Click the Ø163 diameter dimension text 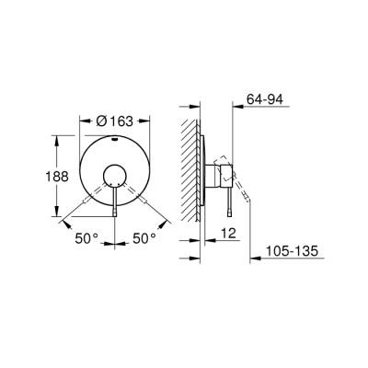(115, 119)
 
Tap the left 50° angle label (87, 238)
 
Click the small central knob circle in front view (115, 174)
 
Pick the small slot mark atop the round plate (115, 140)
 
